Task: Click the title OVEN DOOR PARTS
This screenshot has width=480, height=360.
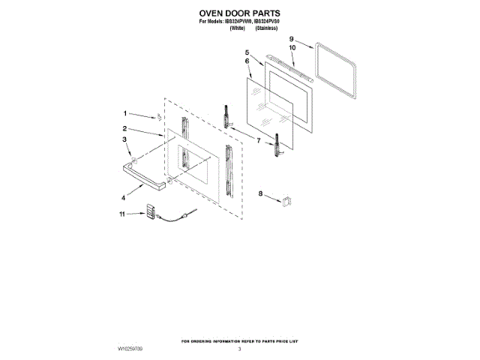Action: [239, 13]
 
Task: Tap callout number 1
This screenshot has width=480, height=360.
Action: [125, 113]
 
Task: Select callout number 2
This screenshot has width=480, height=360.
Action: [125, 130]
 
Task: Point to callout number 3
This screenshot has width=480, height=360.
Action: [125, 139]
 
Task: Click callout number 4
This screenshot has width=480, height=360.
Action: [124, 198]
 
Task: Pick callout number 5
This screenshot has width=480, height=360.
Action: [247, 52]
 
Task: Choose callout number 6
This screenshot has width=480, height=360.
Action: [247, 60]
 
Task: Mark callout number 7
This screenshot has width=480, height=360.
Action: [259, 140]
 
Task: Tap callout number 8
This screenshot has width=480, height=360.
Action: [261, 194]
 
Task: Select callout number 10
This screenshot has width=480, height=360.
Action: [292, 47]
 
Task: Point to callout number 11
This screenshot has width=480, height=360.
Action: [122, 214]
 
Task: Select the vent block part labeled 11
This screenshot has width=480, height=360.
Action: [150, 212]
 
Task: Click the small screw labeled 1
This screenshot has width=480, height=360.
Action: [158, 117]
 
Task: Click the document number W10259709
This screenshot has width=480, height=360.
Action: [130, 349]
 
